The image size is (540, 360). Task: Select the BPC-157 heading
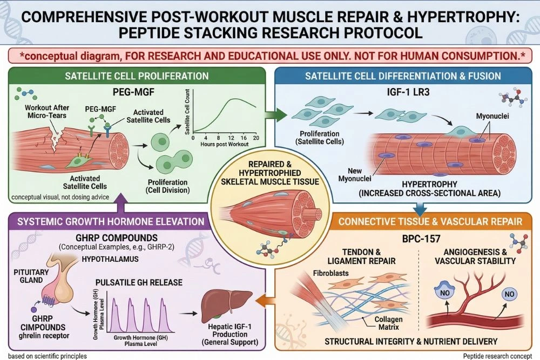[405, 238]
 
